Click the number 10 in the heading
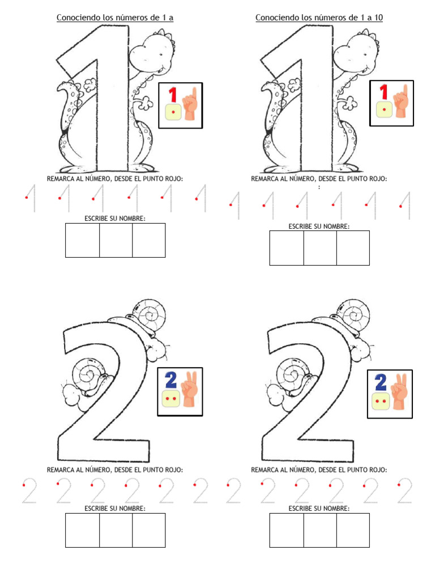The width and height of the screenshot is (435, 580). [x=378, y=18]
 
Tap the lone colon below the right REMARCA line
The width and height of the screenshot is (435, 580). [x=319, y=187]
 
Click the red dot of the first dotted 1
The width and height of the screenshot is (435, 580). [x=26, y=198]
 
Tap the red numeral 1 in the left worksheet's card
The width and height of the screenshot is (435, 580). [x=172, y=95]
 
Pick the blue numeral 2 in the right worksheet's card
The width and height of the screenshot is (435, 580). [x=380, y=382]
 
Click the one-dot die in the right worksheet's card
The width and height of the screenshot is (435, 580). [x=385, y=110]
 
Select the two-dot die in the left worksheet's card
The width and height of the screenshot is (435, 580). [x=170, y=398]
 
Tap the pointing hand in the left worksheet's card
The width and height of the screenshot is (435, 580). [x=190, y=104]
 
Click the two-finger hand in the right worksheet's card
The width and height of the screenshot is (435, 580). [x=399, y=391]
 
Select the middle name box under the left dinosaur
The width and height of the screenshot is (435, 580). [x=116, y=240]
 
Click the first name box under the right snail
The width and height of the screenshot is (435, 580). [x=287, y=530]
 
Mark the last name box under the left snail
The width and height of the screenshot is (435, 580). [x=149, y=530]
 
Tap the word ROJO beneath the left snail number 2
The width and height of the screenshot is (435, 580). [x=173, y=470]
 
